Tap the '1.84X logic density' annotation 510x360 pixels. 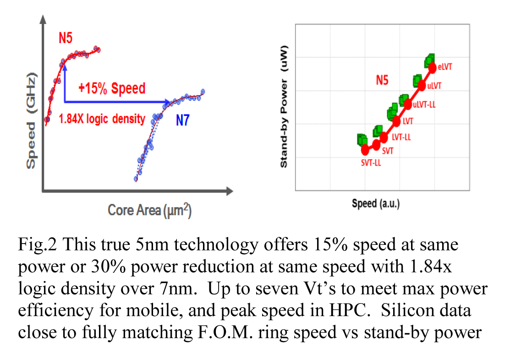102,119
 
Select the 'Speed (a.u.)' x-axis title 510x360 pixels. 376,203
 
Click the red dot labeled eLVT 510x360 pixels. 432,68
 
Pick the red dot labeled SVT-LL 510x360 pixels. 365,150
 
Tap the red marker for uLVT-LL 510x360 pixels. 407,104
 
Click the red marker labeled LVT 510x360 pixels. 396,122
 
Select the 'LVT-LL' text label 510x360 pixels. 401,137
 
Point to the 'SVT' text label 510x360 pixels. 388,151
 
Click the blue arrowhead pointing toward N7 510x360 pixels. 168,101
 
